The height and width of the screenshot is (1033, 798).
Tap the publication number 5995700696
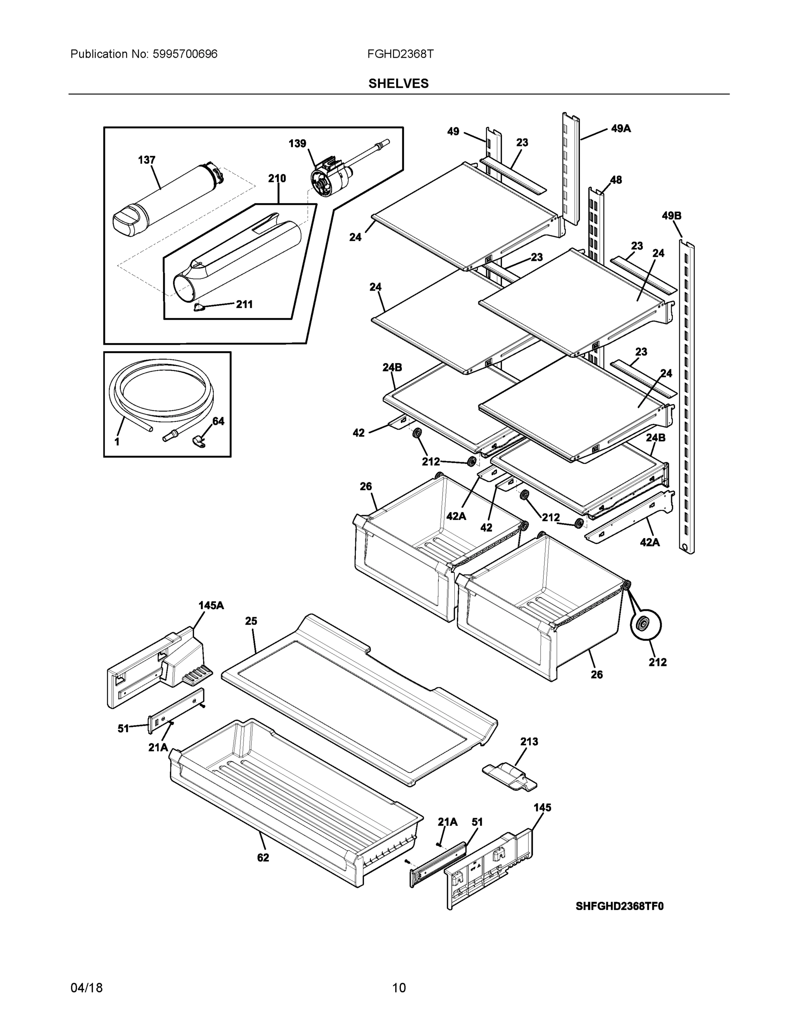pos(185,54)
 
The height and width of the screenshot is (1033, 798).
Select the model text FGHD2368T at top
pos(400,54)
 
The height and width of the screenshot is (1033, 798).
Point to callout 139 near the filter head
pos(297,143)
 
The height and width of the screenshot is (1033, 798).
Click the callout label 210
pos(277,178)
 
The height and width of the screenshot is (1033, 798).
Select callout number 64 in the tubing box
pos(218,421)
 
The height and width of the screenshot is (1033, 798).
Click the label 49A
pos(621,128)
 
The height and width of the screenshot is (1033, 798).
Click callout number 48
pos(616,180)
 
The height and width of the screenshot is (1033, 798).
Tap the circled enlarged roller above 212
pos(645,625)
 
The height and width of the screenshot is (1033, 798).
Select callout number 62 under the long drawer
pos(263,857)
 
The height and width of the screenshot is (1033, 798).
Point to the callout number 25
pos(251,621)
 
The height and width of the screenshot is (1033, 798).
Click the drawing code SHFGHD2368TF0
pos(619,906)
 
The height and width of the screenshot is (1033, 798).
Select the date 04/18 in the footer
pos(86,988)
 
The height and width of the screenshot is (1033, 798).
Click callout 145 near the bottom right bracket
pos(542,807)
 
